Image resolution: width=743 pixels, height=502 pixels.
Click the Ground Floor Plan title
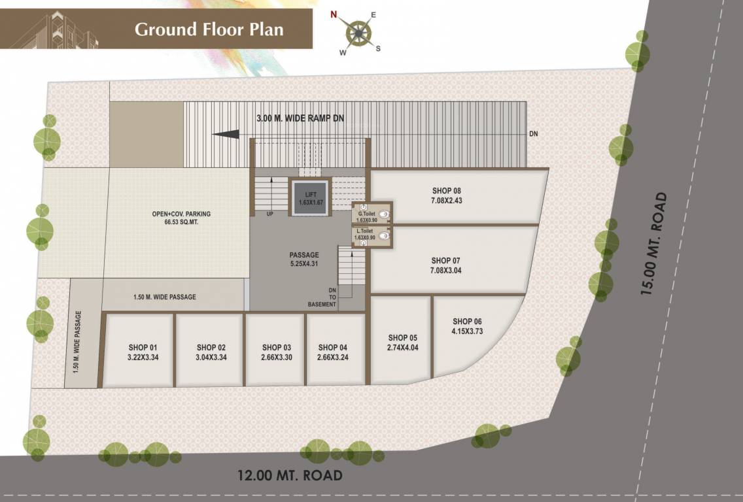(x=209, y=29)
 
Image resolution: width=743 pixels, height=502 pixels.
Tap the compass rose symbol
(x=358, y=32)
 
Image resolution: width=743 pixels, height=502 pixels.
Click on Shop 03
(x=275, y=352)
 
